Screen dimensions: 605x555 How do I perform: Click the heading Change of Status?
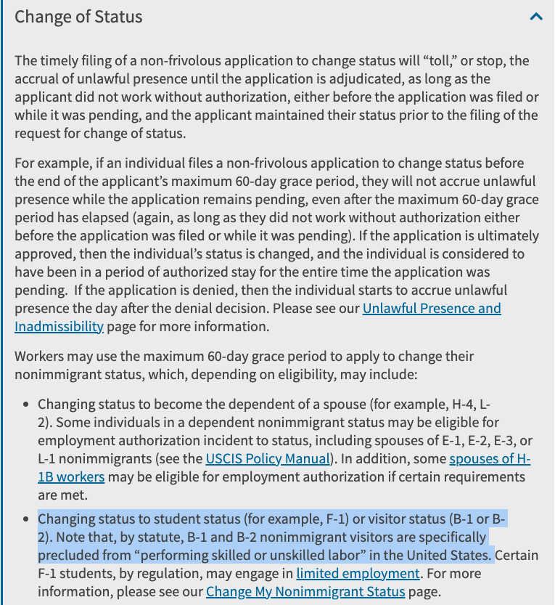pos(78,17)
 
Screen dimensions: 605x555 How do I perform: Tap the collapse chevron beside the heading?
pos(536,16)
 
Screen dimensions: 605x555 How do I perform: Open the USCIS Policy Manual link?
pos(268,459)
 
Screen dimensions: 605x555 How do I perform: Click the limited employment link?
pos(358,574)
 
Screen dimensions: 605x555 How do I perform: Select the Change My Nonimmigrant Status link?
pos(305,591)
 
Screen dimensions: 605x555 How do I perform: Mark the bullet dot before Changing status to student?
pos(27,520)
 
